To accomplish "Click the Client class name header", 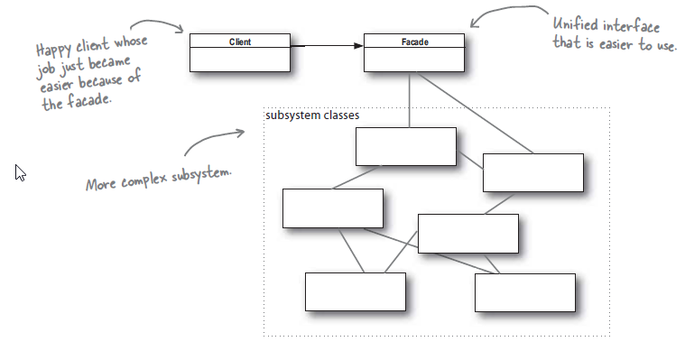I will [239, 42].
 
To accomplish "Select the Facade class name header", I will [414, 42].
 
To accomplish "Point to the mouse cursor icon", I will [20, 171].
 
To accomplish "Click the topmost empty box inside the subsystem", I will [405, 146].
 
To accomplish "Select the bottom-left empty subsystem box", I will [355, 291].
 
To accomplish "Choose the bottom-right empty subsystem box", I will [524, 292].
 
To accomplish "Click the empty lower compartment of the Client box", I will [239, 59].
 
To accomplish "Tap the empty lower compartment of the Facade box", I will [414, 59].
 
